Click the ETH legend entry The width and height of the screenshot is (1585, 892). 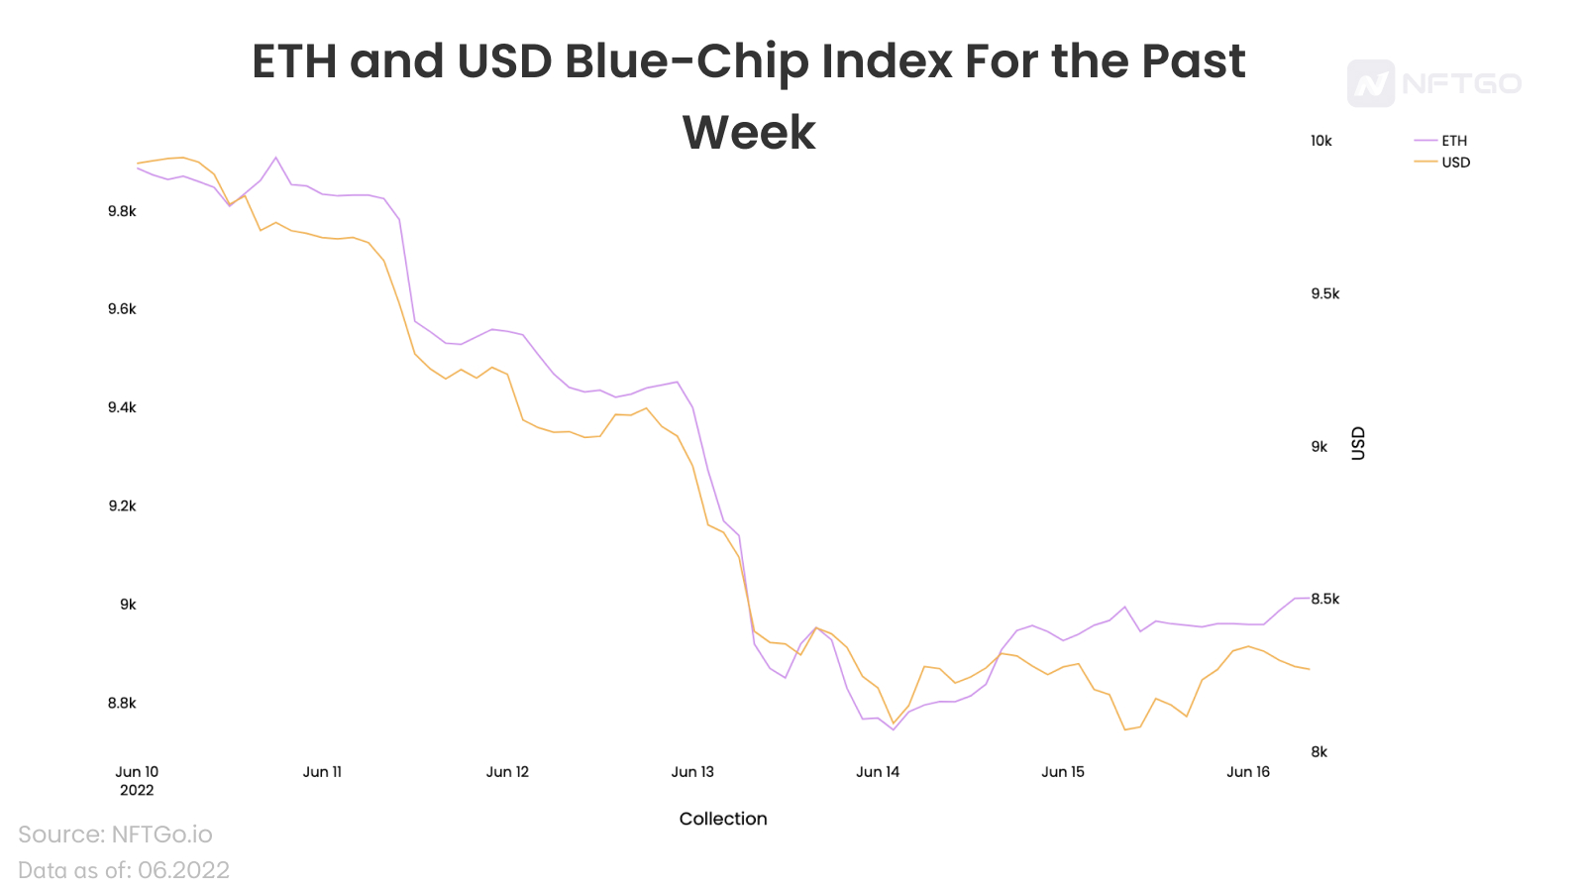tap(1440, 141)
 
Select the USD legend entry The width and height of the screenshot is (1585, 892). tap(1441, 163)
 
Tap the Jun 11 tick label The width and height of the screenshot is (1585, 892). tap(322, 772)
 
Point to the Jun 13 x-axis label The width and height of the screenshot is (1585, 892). tap(692, 772)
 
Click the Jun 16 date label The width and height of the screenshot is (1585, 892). tap(1247, 772)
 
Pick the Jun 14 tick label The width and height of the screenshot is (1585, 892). tap(878, 772)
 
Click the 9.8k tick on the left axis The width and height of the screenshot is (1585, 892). tap(122, 211)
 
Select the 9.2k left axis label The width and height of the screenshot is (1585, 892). tap(122, 505)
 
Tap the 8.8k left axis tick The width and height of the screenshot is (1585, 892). tap(122, 703)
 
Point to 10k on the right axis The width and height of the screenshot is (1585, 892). tap(1321, 141)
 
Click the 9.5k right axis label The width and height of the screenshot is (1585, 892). tap(1324, 293)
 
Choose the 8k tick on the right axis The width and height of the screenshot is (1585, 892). tap(1319, 752)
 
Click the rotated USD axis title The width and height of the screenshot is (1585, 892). tap(1358, 443)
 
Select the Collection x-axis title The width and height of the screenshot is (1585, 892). tap(722, 819)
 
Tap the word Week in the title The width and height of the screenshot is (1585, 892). tap(749, 133)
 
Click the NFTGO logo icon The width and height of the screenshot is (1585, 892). tap(1371, 83)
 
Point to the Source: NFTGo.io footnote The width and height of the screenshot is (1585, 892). tap(115, 834)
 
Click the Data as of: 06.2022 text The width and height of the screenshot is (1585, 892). tap(123, 869)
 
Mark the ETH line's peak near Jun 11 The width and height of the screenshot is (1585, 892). tap(276, 158)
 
